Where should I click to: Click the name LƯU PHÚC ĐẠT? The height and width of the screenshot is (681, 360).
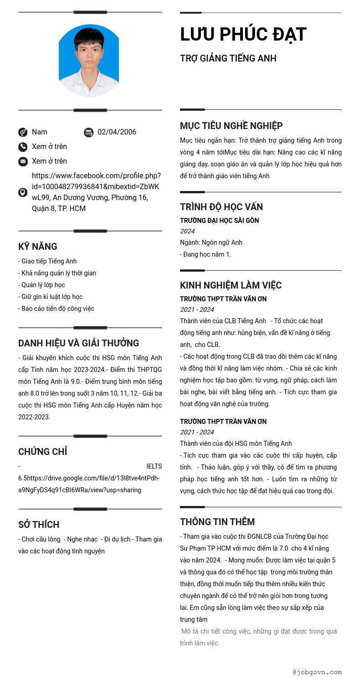tap(243, 35)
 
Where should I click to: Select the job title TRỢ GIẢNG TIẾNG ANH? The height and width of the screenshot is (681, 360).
tap(228, 58)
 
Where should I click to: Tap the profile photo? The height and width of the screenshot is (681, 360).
tap(89, 60)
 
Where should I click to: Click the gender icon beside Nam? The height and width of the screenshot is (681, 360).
tap(23, 132)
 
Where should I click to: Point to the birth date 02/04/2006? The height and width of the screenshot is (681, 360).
tap(117, 132)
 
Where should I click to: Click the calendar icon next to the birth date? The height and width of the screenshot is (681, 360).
tap(89, 133)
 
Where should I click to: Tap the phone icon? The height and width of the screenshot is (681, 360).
tap(23, 147)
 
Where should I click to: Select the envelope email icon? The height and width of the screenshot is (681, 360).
tap(23, 161)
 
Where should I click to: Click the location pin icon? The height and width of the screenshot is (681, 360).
tap(23, 192)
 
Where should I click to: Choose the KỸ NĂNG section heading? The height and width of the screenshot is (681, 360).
tap(38, 247)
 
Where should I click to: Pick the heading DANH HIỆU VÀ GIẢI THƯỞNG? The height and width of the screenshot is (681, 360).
tap(78, 343)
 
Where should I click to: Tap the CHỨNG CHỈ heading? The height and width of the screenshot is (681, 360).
tap(42, 452)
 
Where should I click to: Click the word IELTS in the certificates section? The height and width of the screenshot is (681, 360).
tap(154, 466)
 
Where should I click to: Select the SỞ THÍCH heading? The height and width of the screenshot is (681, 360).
tap(39, 525)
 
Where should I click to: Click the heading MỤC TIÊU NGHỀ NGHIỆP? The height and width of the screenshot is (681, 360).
tap(231, 126)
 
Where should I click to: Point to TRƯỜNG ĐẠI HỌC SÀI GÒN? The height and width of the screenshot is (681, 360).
tap(219, 221)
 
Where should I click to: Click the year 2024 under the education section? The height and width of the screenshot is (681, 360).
tap(187, 231)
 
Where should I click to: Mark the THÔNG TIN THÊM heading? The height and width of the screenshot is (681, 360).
tap(217, 522)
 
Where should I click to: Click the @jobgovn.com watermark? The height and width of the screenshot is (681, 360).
tap(317, 672)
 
